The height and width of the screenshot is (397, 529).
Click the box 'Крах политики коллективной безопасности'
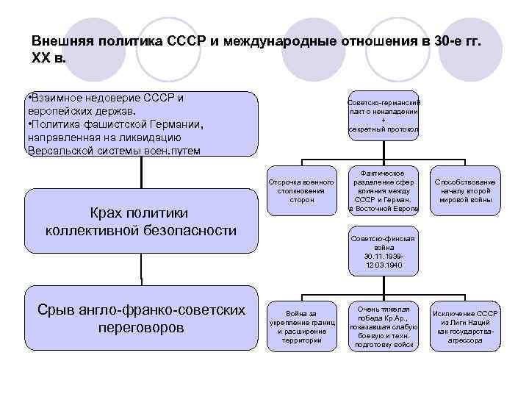point(141,221)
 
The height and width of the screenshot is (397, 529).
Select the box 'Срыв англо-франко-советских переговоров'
point(141,319)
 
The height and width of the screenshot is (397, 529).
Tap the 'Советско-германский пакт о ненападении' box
point(383,115)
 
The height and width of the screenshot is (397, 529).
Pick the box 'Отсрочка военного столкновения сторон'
point(302,190)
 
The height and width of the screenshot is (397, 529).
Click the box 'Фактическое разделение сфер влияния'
point(383,190)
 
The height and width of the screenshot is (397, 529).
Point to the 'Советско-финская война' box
point(383,251)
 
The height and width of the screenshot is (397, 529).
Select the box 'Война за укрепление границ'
point(302,323)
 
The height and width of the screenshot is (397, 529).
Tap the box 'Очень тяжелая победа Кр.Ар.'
point(383,323)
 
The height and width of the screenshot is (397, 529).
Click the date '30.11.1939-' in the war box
point(383,257)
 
